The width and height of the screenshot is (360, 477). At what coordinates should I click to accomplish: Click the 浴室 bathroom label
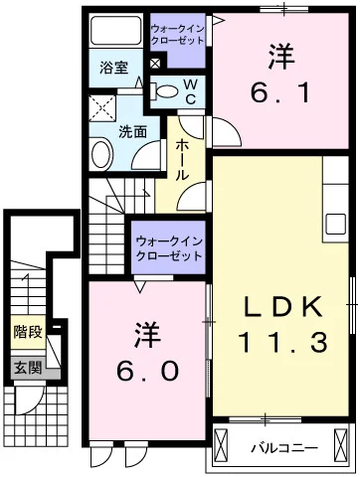point(113,68)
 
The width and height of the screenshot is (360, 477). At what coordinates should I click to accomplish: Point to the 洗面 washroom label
point(133,130)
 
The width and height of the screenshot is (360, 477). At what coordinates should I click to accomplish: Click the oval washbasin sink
point(101,154)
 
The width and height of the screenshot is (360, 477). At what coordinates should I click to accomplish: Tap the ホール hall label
point(183,159)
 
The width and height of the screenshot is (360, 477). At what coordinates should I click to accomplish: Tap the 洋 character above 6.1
point(280,57)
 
